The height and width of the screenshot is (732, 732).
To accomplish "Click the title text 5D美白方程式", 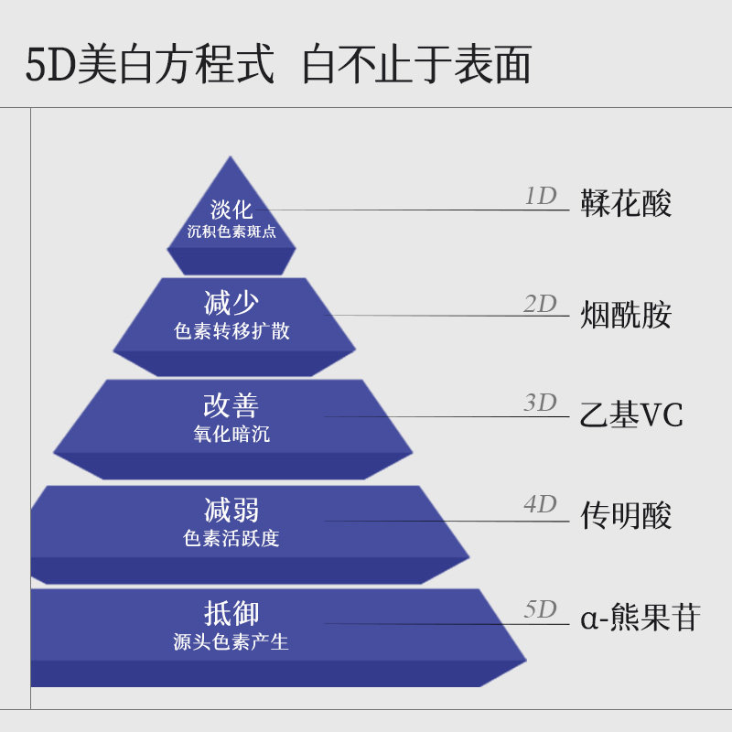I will (149, 65).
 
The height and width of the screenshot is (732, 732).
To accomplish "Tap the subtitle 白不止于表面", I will (416, 65).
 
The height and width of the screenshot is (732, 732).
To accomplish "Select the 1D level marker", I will (540, 196).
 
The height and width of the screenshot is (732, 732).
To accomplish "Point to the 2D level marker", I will (540, 304).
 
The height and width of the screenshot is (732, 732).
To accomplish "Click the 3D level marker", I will (540, 403).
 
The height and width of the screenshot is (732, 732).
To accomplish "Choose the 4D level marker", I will (540, 503).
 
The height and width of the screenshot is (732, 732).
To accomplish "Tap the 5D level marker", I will (540, 609).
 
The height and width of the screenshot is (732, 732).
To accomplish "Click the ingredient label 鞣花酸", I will (626, 203).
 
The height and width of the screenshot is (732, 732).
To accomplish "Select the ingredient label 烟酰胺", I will (626, 315).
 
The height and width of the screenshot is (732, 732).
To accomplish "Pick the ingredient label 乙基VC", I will (631, 415).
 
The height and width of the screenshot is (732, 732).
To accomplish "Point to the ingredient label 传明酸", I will (626, 516).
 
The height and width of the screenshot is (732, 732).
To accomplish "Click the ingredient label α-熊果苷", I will (640, 618).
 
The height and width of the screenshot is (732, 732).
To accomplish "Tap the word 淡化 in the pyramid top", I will (231, 210).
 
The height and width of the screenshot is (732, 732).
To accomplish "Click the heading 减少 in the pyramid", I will (231, 303).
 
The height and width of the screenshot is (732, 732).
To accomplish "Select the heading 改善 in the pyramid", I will (231, 406).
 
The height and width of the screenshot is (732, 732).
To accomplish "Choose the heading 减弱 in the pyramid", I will (231, 510).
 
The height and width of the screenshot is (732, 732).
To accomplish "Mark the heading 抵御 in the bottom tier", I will (231, 613).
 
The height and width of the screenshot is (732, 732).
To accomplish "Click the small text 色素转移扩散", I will (231, 331).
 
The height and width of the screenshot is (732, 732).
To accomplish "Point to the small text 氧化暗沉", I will (231, 434).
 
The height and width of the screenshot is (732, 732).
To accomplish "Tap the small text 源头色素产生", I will (231, 641).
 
